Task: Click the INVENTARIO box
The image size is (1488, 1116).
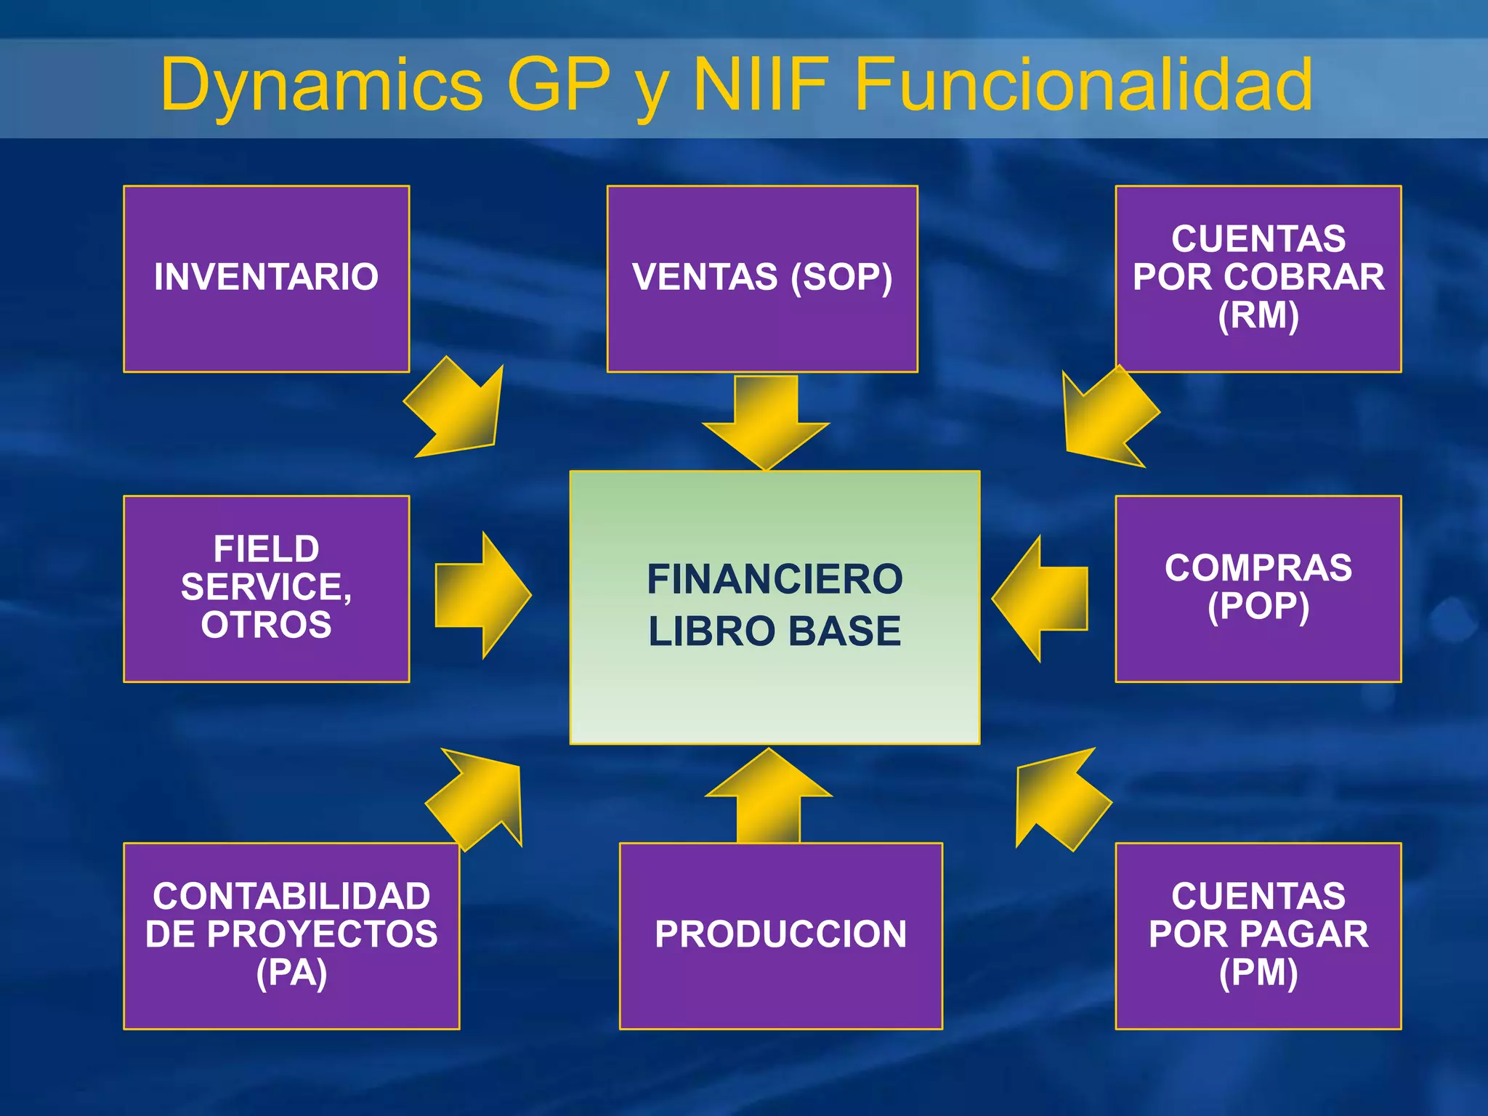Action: [266, 278]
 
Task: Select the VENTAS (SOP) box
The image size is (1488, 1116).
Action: [762, 278]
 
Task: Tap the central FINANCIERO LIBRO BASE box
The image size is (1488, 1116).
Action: [775, 607]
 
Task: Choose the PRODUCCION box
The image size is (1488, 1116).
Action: [780, 935]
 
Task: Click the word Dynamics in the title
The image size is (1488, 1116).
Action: [321, 86]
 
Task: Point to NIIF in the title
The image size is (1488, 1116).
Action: [761, 84]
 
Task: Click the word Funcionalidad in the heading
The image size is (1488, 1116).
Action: [1083, 84]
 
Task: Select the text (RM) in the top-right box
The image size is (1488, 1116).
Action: [1258, 316]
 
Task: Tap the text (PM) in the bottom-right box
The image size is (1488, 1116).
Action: [1258, 973]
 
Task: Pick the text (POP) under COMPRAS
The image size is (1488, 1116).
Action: [1258, 607]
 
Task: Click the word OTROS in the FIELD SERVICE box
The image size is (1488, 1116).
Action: [266, 625]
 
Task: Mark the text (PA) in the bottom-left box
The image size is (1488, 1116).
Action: [291, 973]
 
